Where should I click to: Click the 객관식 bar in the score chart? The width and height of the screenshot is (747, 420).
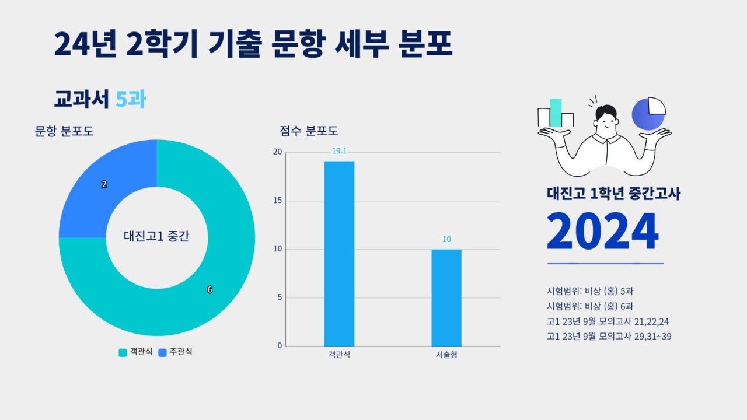pos(339,254)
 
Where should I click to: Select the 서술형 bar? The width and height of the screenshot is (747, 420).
pos(446,297)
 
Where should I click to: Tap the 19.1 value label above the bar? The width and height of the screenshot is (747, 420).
pos(339,151)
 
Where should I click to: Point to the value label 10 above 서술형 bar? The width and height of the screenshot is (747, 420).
pos(446,239)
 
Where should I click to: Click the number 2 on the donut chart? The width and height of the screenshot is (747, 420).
pos(104,184)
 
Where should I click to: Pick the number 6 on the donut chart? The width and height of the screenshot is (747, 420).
pos(210,290)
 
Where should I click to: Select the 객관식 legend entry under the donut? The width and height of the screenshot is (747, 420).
pos(136,352)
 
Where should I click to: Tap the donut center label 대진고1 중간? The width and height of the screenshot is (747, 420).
pos(156,237)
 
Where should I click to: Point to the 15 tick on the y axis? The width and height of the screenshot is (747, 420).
pos(277,201)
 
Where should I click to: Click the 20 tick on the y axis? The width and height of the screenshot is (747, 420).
pos(277,152)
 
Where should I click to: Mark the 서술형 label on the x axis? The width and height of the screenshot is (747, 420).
pos(446,355)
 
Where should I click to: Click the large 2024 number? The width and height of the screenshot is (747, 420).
pos(602,232)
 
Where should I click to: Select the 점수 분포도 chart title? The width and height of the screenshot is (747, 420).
pos(309,131)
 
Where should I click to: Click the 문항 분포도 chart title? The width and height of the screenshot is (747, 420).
pos(64,131)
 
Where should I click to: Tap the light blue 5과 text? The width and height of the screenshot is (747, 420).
pos(131,100)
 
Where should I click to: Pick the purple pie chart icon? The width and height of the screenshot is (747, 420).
pos(648,113)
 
